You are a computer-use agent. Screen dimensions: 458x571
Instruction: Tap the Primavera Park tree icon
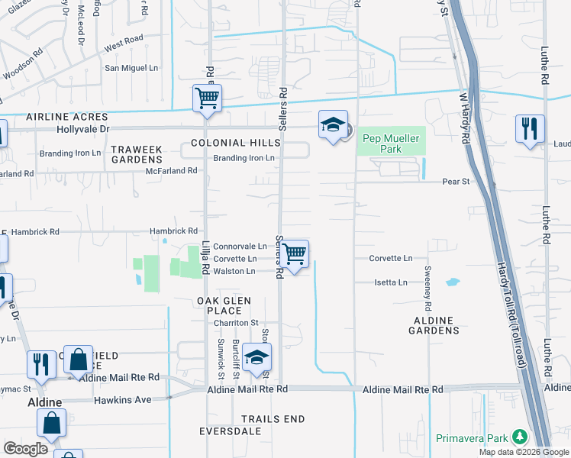pos(520,437)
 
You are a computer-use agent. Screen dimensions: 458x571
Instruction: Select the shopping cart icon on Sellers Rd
pos(294,255)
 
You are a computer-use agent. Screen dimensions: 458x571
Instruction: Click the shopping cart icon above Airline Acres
pos(207,99)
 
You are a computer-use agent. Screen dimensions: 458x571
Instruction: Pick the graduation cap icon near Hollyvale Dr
pos(333,125)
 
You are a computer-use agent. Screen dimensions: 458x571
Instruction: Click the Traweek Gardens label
pos(137,154)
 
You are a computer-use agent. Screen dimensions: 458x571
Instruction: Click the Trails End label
pos(273,419)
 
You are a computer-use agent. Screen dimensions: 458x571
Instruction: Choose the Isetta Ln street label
pos(392,282)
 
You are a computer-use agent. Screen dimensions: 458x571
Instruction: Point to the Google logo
pos(25,449)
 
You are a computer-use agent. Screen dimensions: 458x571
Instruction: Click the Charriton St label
pos(237,323)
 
